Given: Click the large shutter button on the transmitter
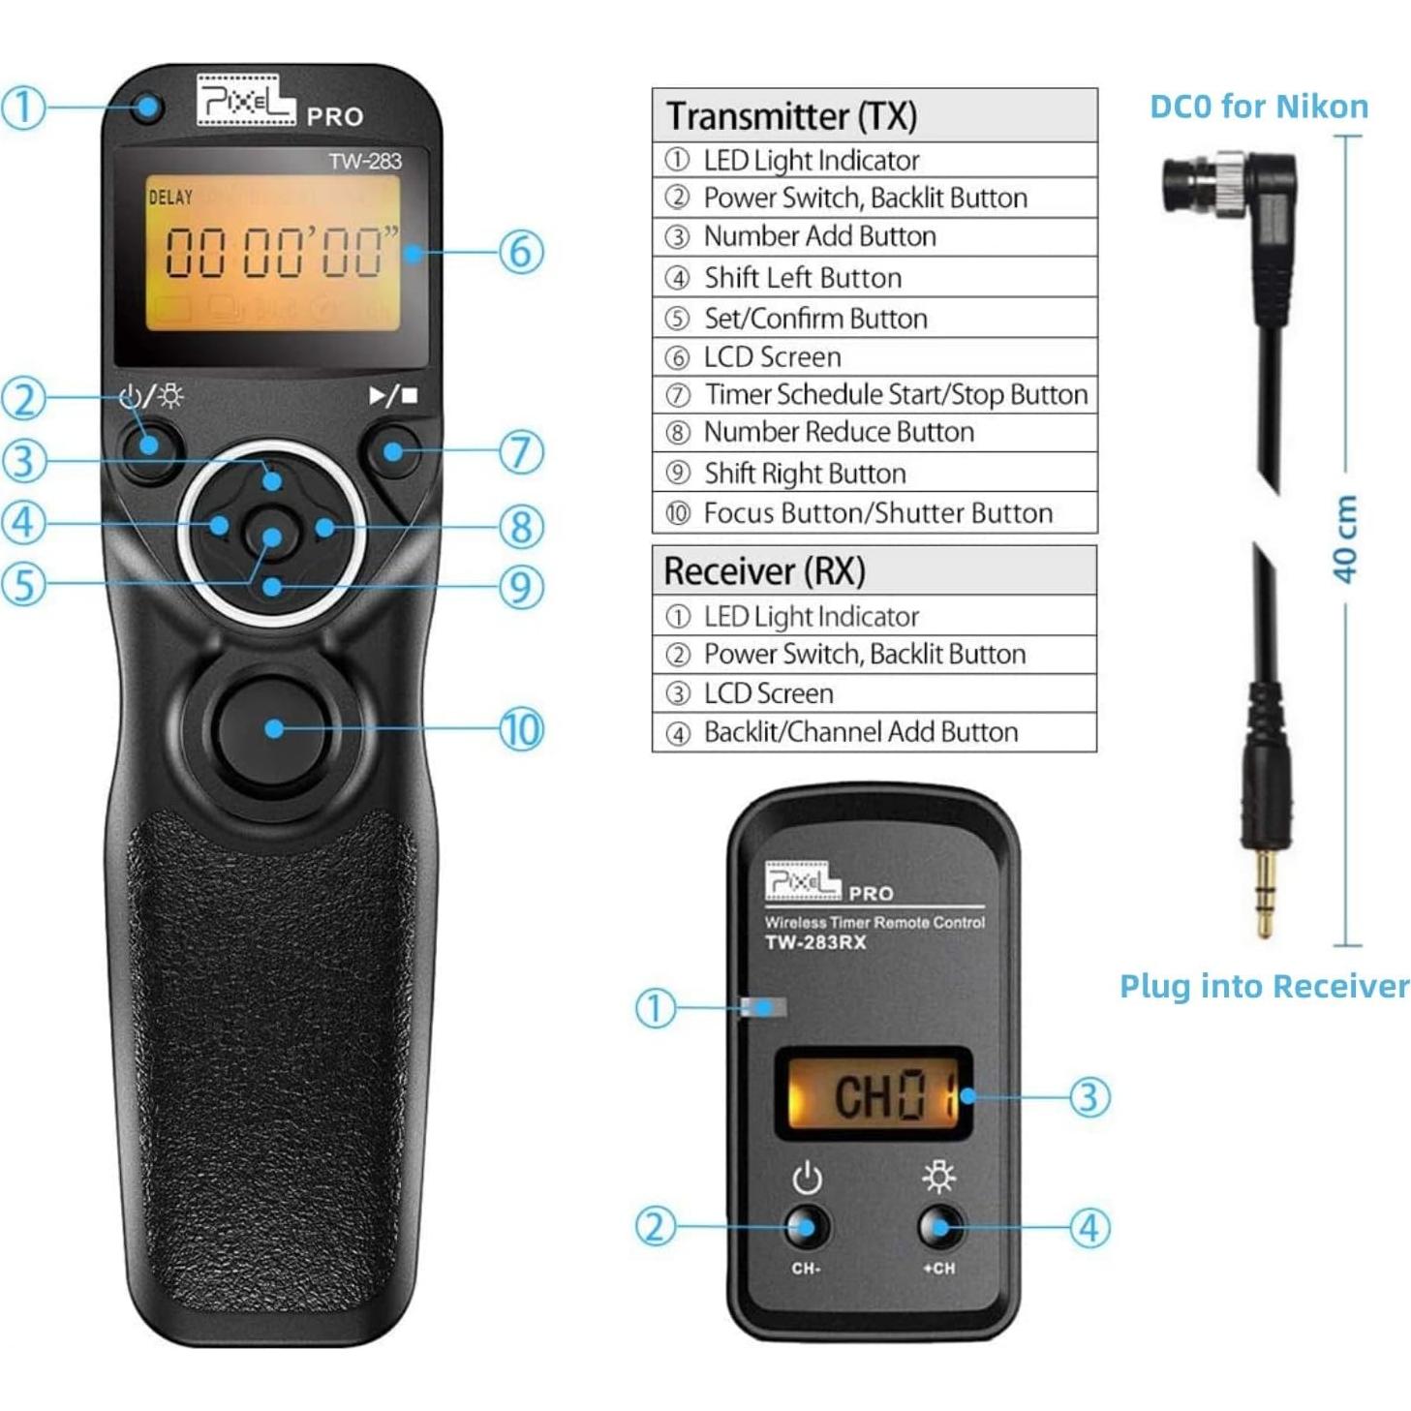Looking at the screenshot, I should tap(273, 728).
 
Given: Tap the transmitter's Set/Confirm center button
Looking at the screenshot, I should tap(272, 536).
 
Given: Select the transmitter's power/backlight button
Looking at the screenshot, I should tap(149, 446).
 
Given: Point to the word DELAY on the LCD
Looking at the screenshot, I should tap(170, 198).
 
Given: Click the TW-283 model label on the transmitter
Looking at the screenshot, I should tap(364, 161).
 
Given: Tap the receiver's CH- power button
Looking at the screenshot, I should tap(806, 1227).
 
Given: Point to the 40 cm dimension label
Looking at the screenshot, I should tap(1345, 538).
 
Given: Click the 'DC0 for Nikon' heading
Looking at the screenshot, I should tap(1258, 107).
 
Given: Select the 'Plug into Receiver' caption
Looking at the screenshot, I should tap(1264, 986).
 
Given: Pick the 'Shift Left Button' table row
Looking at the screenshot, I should tap(874, 278).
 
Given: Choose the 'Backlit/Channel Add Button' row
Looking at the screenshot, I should tap(874, 732).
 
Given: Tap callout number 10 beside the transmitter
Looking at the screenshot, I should tap(521, 729).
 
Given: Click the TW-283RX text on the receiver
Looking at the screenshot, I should tap(815, 942).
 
